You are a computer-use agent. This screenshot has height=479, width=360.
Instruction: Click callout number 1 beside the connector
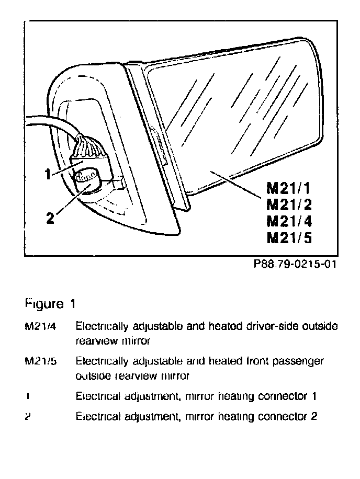[48, 175]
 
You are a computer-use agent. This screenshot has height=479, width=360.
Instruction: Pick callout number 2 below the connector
[50, 218]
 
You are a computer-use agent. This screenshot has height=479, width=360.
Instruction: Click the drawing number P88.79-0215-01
[294, 264]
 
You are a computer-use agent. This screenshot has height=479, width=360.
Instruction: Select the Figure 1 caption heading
[51, 303]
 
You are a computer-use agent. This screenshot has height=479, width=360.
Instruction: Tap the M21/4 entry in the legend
[40, 327]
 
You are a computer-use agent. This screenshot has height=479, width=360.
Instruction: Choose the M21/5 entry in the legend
[40, 361]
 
